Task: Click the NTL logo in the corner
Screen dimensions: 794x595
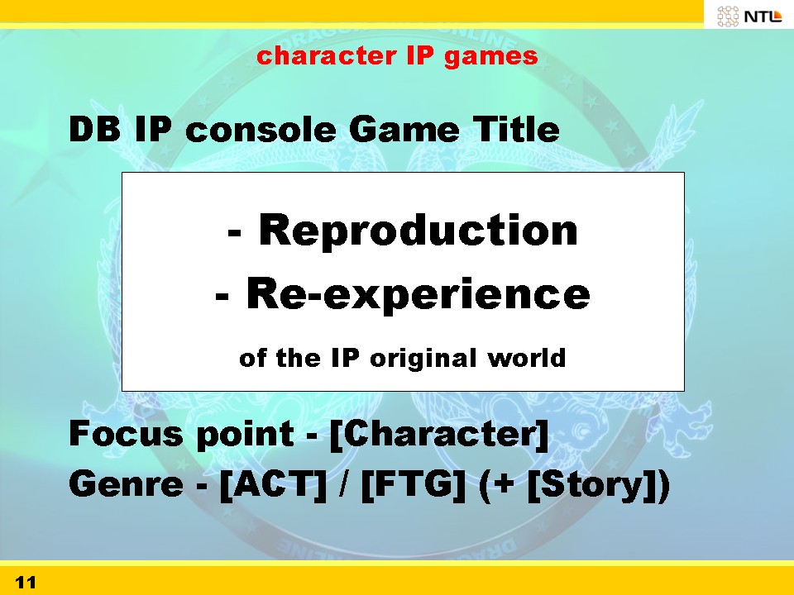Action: (x=749, y=16)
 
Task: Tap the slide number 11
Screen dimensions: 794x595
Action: (x=26, y=583)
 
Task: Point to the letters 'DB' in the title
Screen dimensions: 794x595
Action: (x=94, y=129)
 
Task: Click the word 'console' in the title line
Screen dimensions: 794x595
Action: (x=261, y=130)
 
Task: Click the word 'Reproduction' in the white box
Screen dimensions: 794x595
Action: (x=419, y=230)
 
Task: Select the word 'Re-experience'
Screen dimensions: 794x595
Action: (x=419, y=294)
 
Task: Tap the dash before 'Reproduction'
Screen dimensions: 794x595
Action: (x=234, y=233)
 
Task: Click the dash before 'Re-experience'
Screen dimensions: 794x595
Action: (x=222, y=297)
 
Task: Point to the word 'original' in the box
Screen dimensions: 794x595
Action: (x=423, y=359)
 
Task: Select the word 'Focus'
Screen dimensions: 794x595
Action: (x=126, y=433)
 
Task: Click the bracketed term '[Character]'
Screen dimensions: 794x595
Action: (x=438, y=434)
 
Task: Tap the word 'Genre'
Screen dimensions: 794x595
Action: (x=126, y=483)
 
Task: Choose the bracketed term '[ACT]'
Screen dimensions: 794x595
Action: (x=274, y=485)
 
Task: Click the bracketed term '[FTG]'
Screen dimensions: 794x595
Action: (x=413, y=485)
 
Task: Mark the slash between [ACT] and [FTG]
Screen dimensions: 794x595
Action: (x=344, y=484)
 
